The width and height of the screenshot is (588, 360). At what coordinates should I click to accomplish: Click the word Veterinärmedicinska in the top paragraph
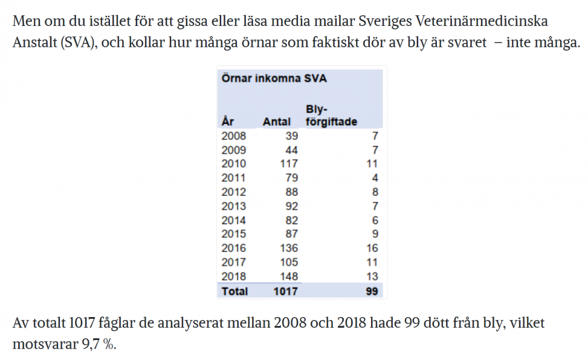482,21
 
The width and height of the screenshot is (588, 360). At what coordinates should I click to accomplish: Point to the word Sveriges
385,22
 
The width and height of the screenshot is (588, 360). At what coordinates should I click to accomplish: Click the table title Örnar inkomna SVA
274,78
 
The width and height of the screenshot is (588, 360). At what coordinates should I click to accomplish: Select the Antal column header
277,122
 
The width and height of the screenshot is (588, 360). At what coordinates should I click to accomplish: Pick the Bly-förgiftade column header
332,115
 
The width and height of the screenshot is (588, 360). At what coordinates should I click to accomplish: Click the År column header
228,121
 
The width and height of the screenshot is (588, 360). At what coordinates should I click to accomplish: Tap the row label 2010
233,164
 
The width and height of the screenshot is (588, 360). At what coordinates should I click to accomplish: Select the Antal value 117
289,164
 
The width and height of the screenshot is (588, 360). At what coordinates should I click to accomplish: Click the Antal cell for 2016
289,248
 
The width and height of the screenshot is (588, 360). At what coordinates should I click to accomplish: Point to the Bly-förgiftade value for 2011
375,178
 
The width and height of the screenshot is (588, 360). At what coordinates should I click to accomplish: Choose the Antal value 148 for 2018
289,276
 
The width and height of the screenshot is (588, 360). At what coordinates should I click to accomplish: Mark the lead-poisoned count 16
372,248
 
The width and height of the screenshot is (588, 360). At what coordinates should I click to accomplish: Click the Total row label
235,291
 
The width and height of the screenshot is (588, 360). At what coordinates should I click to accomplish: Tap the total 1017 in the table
285,291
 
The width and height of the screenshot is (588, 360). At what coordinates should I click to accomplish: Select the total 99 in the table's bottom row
372,291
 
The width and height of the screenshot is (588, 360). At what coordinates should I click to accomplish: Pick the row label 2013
233,206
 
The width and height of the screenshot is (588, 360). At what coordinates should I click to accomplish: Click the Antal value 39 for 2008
292,136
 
